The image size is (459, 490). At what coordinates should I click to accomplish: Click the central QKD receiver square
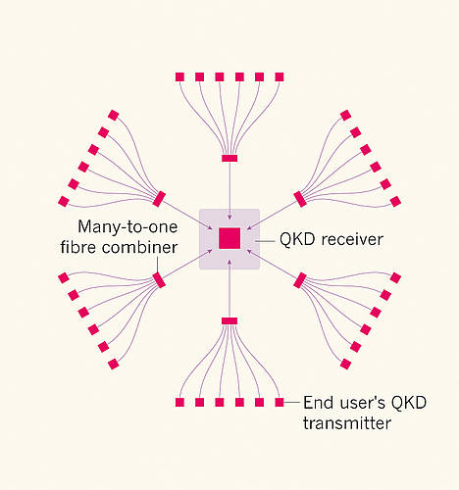click(229, 238)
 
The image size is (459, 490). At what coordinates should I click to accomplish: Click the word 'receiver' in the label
click(352, 239)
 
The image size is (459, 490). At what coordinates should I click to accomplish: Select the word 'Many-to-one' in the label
click(127, 227)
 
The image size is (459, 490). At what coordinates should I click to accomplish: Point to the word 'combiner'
click(139, 247)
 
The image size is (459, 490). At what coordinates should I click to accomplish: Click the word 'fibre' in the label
click(78, 247)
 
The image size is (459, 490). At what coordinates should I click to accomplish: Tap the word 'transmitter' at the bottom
click(347, 423)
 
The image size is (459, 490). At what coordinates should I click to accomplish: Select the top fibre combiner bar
click(229, 159)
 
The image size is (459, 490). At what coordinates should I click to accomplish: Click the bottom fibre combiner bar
click(229, 321)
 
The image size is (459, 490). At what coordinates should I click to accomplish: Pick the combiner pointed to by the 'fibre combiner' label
click(159, 280)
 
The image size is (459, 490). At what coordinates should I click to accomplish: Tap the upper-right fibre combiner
click(300, 199)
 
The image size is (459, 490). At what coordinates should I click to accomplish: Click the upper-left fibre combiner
click(159, 199)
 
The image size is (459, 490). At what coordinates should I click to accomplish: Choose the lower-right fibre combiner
click(300, 280)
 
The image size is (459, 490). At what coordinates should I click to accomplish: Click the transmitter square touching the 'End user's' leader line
click(280, 402)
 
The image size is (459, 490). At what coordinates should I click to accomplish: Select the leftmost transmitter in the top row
click(179, 77)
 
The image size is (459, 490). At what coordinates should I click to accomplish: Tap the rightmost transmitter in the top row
click(280, 77)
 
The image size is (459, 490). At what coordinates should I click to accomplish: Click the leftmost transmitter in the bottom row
click(179, 402)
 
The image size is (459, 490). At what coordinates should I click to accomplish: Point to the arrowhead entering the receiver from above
click(229, 217)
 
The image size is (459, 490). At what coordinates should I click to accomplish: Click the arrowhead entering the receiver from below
click(229, 262)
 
